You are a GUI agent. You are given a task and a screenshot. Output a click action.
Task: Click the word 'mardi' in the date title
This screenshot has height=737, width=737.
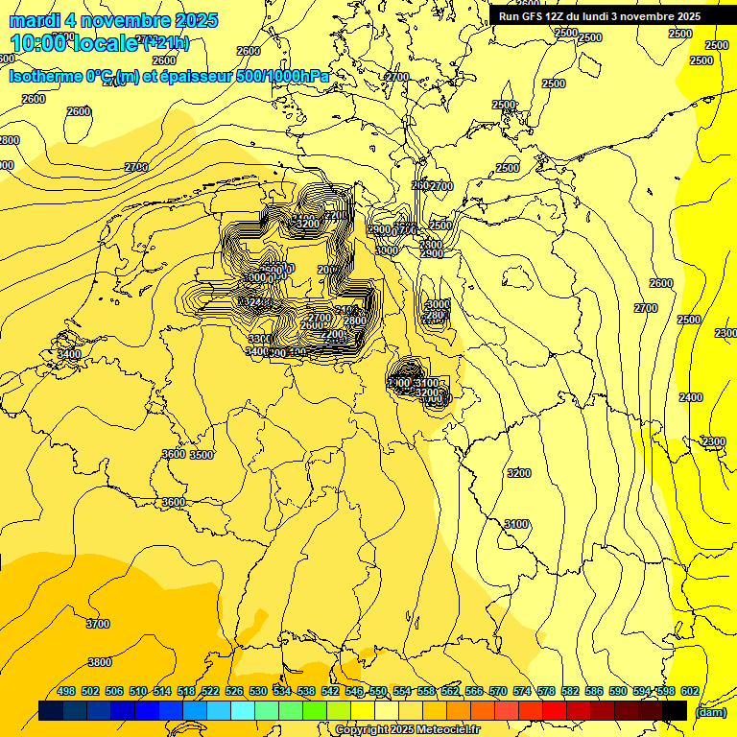tap(35, 20)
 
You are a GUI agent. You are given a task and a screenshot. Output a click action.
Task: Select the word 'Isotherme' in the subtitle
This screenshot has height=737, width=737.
tap(45, 76)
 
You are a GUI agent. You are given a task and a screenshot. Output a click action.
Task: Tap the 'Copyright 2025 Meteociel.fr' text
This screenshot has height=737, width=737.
tap(408, 729)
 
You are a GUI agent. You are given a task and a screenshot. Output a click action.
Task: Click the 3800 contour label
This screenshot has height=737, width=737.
tap(100, 662)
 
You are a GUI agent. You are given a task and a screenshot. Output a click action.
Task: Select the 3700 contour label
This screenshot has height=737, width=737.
tap(98, 624)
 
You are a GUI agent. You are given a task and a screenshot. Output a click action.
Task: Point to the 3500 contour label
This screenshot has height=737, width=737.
tap(202, 455)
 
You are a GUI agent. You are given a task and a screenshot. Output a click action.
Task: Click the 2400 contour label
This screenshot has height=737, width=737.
tap(691, 397)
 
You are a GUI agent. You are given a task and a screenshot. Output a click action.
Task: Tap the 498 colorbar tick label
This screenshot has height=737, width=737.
tap(66, 691)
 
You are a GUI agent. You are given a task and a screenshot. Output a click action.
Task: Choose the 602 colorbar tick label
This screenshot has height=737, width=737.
tap(690, 691)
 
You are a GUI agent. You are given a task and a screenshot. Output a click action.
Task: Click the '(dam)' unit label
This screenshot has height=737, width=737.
tap(710, 712)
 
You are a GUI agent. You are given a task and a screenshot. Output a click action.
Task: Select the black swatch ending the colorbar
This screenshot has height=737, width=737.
tap(675, 710)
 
